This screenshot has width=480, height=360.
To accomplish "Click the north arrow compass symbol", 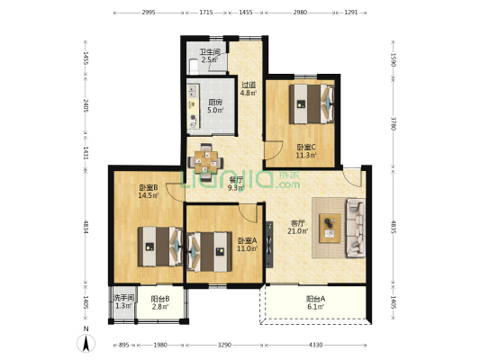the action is coord(86,343).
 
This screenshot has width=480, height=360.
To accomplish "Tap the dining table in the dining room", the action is coord(205,162).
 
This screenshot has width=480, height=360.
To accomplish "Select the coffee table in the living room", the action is coord(330,229).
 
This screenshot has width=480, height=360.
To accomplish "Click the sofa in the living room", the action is coord(356,228).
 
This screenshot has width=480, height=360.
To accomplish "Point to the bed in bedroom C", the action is coord(312,104).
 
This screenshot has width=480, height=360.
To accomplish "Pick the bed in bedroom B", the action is coord(159,247).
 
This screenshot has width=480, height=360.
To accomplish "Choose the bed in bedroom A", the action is coord(210,252).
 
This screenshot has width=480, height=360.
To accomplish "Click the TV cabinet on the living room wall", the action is coord(269,245).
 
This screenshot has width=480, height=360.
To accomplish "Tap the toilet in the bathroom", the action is coord(194,66).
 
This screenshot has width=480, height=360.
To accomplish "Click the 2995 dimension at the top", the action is coord(149,13).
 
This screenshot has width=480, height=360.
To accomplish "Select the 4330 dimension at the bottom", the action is coord(315,345).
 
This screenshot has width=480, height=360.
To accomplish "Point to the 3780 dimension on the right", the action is coord(394,123).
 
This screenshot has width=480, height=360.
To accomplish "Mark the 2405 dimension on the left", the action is coord(86,105).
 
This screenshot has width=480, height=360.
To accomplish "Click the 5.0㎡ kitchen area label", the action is coord(215,110).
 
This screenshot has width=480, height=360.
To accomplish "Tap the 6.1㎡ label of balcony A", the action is coord(315,307).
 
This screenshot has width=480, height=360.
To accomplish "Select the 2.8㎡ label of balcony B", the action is coord(160,307).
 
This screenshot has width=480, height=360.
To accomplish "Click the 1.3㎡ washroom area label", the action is coord(123,306).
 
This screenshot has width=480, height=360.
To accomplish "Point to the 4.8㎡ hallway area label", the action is coord(249,93).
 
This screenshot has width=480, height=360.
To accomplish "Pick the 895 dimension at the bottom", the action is coord(123,345).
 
